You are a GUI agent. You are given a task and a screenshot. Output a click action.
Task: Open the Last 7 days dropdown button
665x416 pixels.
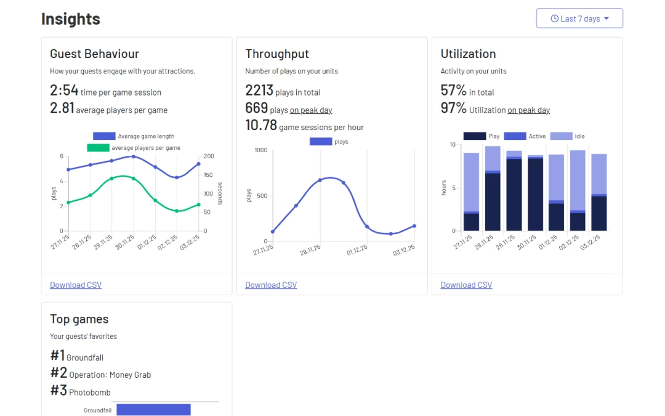coord(579,18)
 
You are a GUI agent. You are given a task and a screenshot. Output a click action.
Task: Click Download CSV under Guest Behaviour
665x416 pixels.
coord(76,285)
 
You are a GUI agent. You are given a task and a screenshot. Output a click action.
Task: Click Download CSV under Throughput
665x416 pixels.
coord(271,285)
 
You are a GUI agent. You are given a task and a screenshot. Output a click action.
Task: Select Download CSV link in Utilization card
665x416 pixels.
coord(466,285)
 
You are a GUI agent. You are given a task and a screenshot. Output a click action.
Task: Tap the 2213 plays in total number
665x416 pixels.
coord(259,91)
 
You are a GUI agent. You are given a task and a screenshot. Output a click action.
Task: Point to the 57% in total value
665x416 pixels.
coord(453,91)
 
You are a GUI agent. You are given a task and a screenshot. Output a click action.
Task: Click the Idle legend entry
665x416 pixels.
coord(567,136)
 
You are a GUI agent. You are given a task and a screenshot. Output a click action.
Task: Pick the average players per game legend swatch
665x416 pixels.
coord(97,148)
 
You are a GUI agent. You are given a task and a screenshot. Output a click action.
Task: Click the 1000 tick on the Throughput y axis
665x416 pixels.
coord(260,150)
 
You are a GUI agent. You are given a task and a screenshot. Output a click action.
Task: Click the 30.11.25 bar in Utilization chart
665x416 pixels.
coord(536,194)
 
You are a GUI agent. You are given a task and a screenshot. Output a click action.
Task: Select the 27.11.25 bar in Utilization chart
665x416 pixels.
coord(471,192)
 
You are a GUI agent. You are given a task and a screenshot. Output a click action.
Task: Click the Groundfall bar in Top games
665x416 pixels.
coord(153,410)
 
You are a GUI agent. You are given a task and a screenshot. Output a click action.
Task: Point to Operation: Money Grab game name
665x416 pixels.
coord(110,375)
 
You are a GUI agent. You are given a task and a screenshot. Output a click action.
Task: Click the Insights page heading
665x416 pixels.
coord(71,19)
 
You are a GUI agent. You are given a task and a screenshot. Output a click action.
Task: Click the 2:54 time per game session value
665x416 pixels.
coord(64,91)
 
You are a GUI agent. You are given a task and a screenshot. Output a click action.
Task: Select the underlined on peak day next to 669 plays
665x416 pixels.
coord(311,110)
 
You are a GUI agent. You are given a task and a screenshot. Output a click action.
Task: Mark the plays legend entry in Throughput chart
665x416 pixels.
coord(329,142)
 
